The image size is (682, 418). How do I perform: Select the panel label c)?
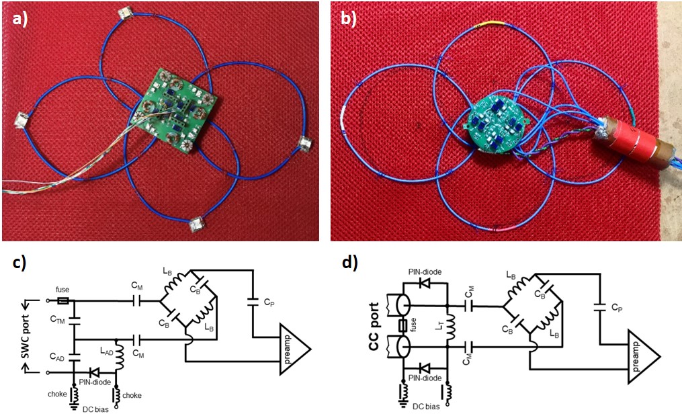click(21, 263)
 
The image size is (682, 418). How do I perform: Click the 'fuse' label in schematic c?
click(62, 291)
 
